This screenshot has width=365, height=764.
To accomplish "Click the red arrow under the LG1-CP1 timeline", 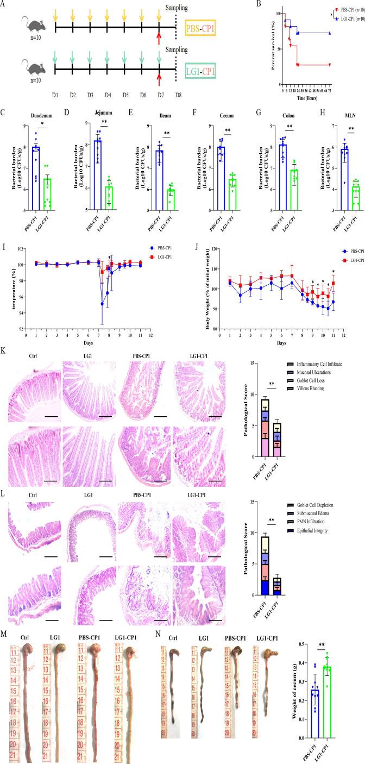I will (159, 81).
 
